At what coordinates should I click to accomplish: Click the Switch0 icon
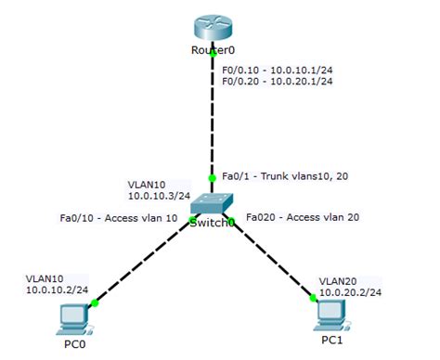213,206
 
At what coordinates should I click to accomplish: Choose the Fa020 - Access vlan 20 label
302,218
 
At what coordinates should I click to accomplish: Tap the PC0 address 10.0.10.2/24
58,289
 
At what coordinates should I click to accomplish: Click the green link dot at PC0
95,302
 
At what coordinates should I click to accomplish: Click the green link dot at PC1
313,298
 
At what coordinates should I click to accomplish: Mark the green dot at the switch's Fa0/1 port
214,176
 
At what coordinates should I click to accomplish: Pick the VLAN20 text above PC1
336,278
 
